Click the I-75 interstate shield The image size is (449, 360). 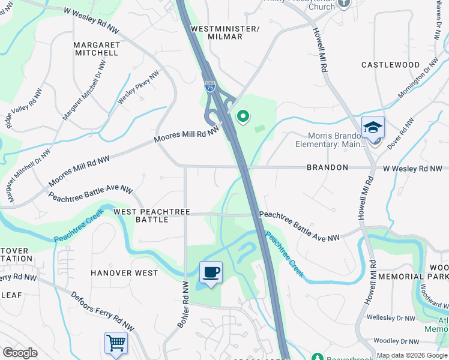[x=209, y=87]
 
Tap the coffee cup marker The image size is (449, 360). [x=211, y=273]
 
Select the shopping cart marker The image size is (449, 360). [x=116, y=343]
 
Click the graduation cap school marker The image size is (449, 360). [x=373, y=127]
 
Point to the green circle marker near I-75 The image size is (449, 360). [x=243, y=116]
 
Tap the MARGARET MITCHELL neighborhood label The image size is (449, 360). [x=96, y=49]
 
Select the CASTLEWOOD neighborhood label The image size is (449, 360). [x=390, y=64]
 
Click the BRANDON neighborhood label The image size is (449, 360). [x=327, y=168]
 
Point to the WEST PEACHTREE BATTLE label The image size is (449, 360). [x=152, y=216]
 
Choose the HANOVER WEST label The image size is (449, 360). [x=124, y=273]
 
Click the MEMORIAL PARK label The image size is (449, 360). [x=423, y=276]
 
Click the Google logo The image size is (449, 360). [x=20, y=353]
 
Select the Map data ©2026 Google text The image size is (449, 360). [x=412, y=355]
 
